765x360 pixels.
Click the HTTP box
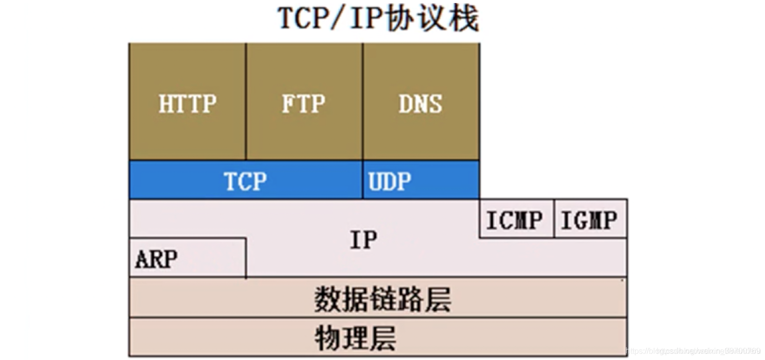187,102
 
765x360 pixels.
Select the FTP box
304,102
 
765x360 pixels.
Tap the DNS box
421,102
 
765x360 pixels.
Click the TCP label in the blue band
245,181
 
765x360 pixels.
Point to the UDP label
389,181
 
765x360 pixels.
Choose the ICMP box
516,219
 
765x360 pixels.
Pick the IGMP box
590,219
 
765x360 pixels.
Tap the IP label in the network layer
363,240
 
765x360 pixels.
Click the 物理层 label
356,338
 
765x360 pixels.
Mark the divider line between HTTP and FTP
246,102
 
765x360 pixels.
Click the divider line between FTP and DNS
363,102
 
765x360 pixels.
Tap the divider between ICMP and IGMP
554,219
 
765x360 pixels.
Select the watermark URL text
693,351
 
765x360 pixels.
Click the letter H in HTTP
165,104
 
